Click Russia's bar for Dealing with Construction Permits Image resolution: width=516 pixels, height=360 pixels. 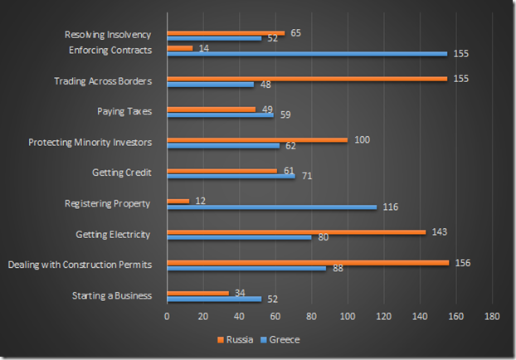pyautogui.click(x=307, y=262)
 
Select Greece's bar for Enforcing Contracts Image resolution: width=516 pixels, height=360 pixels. pyautogui.click(x=307, y=54)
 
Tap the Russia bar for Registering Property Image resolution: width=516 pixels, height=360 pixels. pyautogui.click(x=178, y=201)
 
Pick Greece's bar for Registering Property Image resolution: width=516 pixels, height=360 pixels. pyautogui.click(x=271, y=207)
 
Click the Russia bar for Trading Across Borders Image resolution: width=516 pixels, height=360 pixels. pyautogui.click(x=307, y=78)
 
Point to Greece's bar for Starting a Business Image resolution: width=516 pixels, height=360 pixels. pyautogui.click(x=214, y=299)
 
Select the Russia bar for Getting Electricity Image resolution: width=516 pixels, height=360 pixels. pyautogui.click(x=296, y=231)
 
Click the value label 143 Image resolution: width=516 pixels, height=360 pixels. pyautogui.click(x=440, y=231)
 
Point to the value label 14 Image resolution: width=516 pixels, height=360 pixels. pyautogui.click(x=204, y=49)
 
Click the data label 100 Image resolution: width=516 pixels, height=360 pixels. pyautogui.click(x=362, y=139)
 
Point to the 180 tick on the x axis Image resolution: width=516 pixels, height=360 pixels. pyautogui.click(x=492, y=317)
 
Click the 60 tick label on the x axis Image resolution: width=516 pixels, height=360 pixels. pyautogui.click(x=275, y=317)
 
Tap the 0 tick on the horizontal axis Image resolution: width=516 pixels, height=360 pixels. pyautogui.click(x=167, y=317)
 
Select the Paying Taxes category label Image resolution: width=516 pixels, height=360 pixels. pyautogui.click(x=124, y=111)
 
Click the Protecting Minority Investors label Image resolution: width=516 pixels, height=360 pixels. pyautogui.click(x=90, y=142)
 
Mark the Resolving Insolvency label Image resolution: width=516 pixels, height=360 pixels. pyautogui.click(x=108, y=35)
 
